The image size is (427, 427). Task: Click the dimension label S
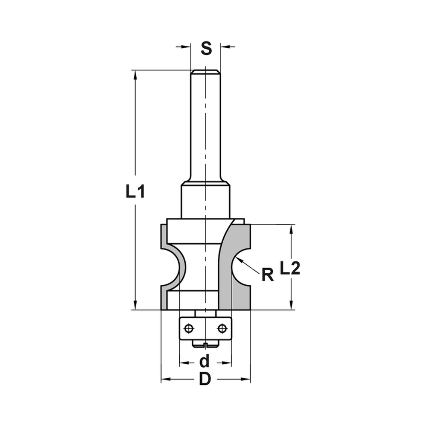(x=206, y=48)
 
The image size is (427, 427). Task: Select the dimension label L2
(x=291, y=268)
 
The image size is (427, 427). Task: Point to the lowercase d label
(x=205, y=362)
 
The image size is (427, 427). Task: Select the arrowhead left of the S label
(x=185, y=46)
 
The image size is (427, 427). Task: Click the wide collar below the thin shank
(x=205, y=201)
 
